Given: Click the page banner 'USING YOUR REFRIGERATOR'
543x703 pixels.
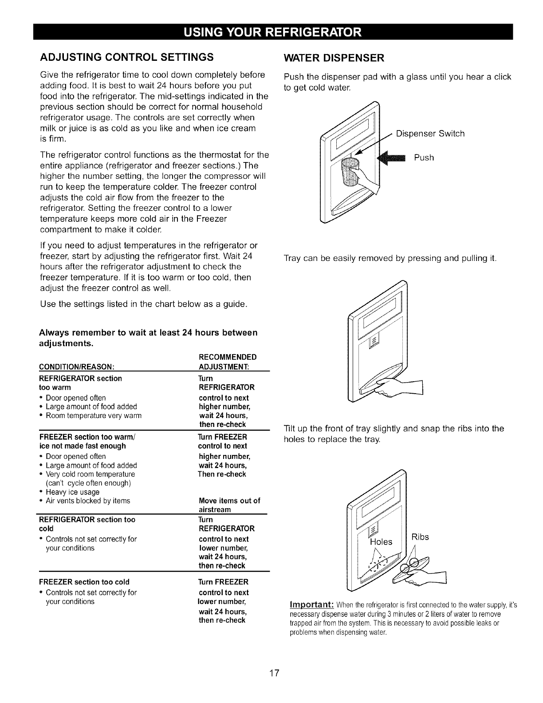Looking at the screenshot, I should tap(271, 32).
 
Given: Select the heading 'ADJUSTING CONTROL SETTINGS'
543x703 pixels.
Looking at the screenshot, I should tap(127, 57).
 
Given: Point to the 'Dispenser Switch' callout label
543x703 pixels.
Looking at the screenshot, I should tap(430, 134).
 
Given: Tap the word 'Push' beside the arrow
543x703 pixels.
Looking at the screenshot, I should tap(424, 158).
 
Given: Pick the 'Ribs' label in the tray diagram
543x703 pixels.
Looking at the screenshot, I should tap(420, 537).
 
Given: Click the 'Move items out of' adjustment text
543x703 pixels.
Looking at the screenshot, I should tap(229, 501).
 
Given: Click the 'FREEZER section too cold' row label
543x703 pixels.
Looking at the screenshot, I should tap(84, 582).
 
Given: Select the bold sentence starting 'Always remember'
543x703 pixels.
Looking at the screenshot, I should tap(148, 338).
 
